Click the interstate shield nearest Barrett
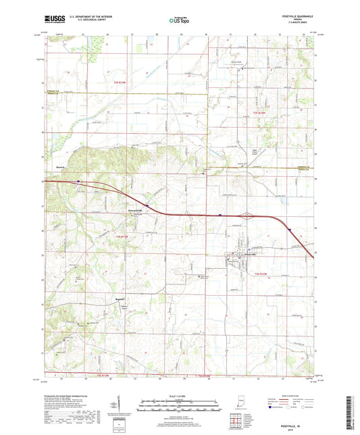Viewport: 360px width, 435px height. tap(78, 181)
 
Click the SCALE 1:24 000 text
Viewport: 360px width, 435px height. tap(180, 396)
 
